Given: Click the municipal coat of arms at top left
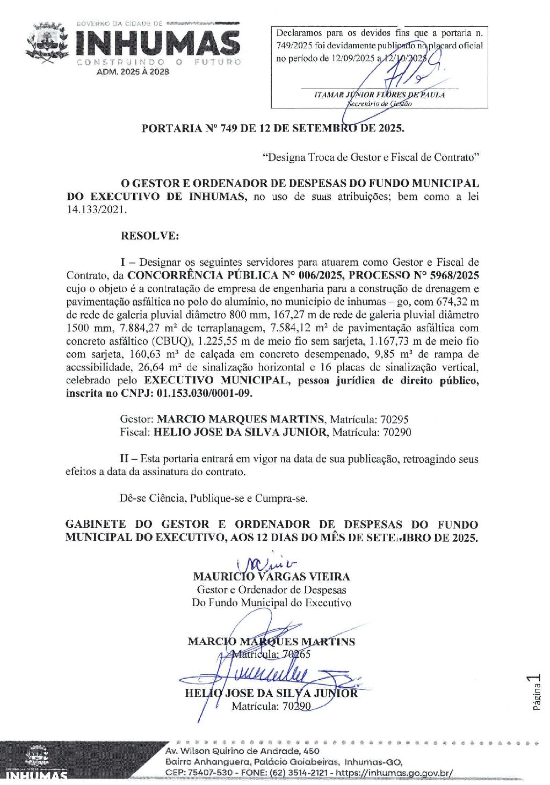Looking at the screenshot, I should pyautogui.click(x=47, y=43).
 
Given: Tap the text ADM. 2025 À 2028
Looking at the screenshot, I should pyautogui.click(x=133, y=71).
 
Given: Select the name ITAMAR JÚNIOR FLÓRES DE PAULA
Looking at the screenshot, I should pyautogui.click(x=379, y=95).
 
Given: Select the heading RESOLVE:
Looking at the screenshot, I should pyautogui.click(x=150, y=236).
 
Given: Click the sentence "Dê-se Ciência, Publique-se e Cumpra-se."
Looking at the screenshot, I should pyautogui.click(x=214, y=498).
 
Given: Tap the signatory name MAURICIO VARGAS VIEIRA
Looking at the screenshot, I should pyautogui.click(x=271, y=577).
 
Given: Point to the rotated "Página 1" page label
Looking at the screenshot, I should pyautogui.click(x=535, y=693).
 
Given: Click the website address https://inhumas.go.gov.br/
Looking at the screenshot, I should pyautogui.click(x=394, y=773).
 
